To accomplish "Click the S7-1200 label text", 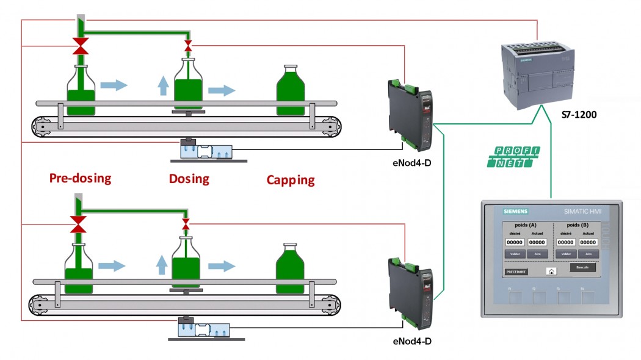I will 578,114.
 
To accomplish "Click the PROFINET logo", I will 513,157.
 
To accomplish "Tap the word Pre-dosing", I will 81,178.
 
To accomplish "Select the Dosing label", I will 189,179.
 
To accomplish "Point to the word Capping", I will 291,180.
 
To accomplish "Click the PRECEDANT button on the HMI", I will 516,272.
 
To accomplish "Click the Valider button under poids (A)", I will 514,254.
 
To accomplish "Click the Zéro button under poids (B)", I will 588,254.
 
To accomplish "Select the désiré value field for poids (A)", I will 515,242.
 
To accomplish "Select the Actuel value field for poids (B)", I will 588,242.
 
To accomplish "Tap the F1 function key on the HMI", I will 516,298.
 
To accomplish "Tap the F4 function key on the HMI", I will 587,298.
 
